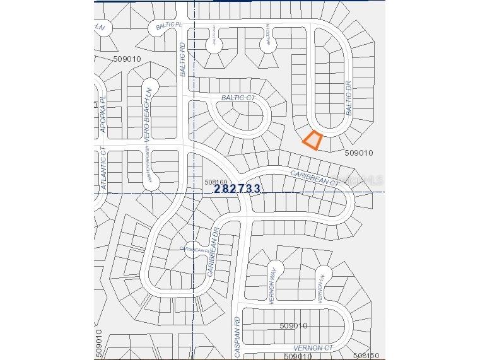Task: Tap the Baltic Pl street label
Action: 168,25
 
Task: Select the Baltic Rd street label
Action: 183,60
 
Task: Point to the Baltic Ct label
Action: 238,98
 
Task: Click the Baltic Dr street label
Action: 348,97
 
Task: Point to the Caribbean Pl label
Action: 195,250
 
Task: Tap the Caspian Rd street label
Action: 238,337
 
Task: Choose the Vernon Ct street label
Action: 313,348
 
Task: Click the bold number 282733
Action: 237,188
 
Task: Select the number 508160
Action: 215,182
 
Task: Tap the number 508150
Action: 366,356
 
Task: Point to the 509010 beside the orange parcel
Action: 360,153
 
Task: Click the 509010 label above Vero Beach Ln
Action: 127,59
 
